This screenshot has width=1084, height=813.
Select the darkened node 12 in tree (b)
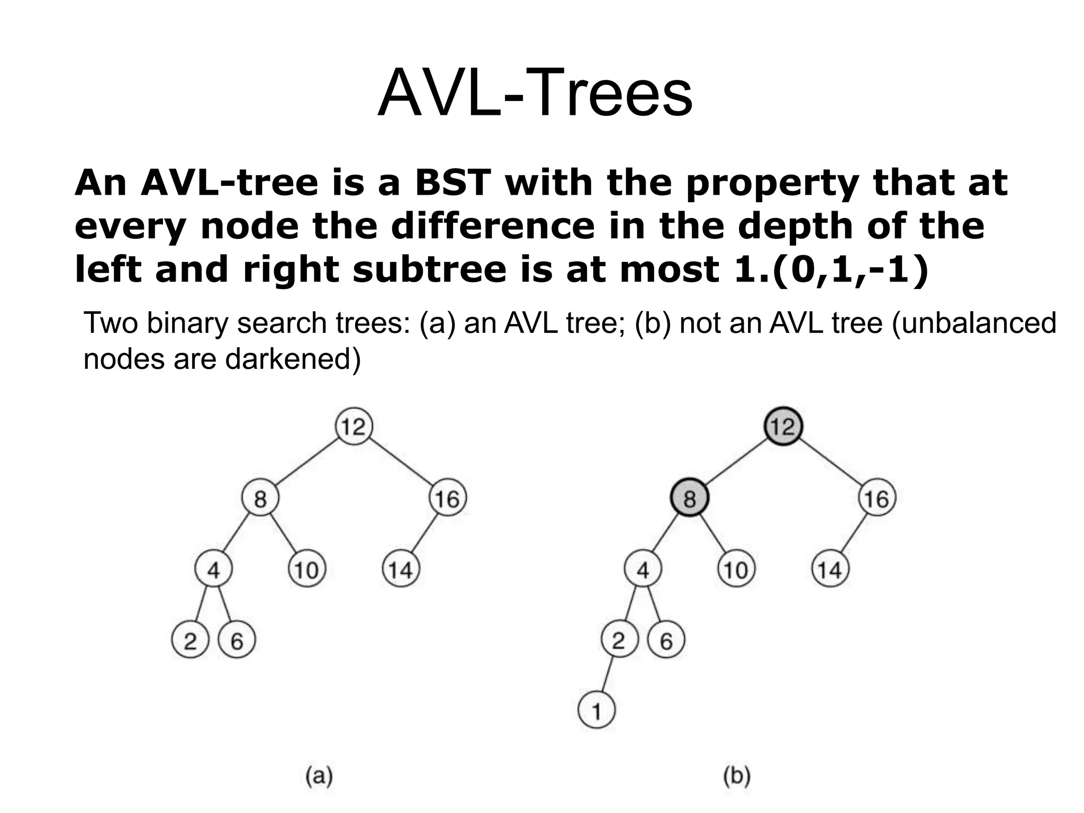(x=783, y=426)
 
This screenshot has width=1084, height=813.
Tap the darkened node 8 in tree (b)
(x=689, y=498)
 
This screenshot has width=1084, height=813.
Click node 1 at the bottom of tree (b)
(x=597, y=711)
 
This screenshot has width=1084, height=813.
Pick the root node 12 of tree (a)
(x=354, y=426)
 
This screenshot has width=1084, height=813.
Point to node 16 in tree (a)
(x=447, y=498)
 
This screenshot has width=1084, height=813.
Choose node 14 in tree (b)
(x=829, y=570)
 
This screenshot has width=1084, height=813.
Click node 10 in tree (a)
(x=306, y=570)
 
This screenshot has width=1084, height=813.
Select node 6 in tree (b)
(x=666, y=641)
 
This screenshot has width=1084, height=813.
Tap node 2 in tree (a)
(x=190, y=641)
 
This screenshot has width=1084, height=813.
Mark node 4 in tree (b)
(x=643, y=570)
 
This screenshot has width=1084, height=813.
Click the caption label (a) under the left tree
(x=320, y=776)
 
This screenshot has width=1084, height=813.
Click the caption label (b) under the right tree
(x=737, y=776)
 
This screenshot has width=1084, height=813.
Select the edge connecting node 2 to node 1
(x=608, y=676)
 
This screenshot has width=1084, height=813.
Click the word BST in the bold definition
(x=453, y=183)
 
